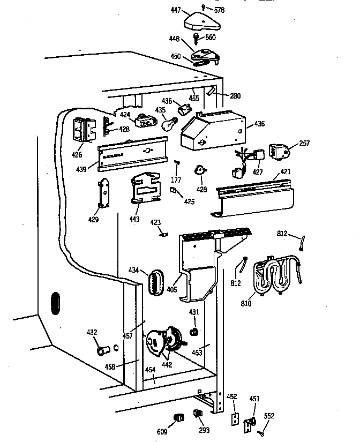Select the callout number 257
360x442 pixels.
[304, 144]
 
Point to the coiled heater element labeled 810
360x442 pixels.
[277, 275]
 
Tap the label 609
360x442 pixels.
[161, 431]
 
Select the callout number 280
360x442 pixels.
[235, 96]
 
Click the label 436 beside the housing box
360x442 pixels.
[259, 124]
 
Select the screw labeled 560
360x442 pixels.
[197, 38]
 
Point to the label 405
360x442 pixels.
[171, 289]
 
